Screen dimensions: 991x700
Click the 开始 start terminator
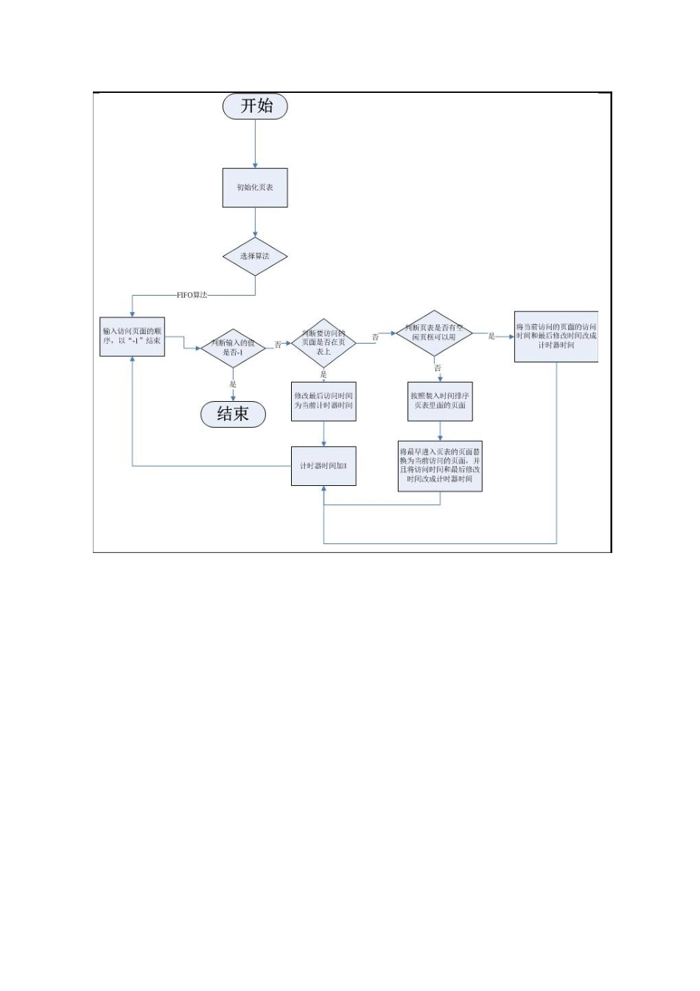(x=255, y=106)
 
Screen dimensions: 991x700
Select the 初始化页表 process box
(x=255, y=187)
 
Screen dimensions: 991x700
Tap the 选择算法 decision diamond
(x=255, y=257)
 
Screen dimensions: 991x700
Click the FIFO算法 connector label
(x=192, y=295)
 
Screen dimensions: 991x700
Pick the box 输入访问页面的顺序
(x=132, y=336)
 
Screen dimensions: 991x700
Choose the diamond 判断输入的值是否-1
(x=233, y=348)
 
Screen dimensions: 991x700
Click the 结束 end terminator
(x=233, y=414)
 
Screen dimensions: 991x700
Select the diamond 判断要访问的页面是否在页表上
(x=323, y=343)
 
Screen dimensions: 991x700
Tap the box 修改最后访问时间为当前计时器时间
(x=323, y=401)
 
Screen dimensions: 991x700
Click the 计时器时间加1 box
(x=323, y=466)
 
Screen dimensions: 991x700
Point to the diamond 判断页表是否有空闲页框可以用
(x=435, y=333)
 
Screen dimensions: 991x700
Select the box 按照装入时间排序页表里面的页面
(x=440, y=401)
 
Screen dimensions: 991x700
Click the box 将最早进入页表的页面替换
(x=440, y=465)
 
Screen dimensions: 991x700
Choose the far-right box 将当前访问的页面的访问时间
(x=556, y=336)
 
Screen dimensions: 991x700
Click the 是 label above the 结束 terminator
(x=233, y=384)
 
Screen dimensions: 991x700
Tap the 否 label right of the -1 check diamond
(x=278, y=344)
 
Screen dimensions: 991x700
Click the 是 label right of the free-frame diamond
(x=491, y=336)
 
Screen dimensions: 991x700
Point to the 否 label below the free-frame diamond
(x=438, y=368)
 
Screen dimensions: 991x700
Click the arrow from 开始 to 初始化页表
(x=255, y=143)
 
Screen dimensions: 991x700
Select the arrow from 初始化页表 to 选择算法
(x=255, y=222)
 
